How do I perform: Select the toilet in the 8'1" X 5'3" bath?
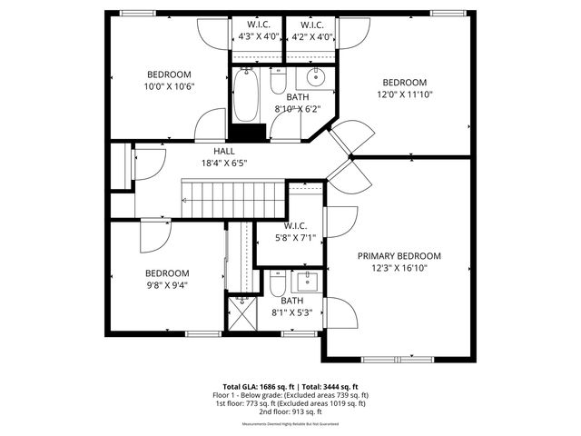pyautogui.click(x=278, y=285)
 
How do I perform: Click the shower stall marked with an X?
pyautogui.click(x=241, y=314)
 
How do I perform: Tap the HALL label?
pyautogui.click(x=224, y=152)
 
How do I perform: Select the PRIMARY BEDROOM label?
pyautogui.click(x=399, y=256)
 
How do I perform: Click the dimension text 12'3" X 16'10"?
pyautogui.click(x=399, y=268)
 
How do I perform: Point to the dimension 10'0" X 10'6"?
pyautogui.click(x=170, y=86)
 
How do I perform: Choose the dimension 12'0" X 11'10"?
pyautogui.click(x=404, y=94)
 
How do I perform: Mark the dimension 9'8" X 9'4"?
pyautogui.click(x=168, y=285)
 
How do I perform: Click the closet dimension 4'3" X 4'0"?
pyautogui.click(x=259, y=37)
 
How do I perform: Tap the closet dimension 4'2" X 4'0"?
pyautogui.click(x=311, y=37)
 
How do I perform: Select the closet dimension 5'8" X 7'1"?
pyautogui.click(x=295, y=238)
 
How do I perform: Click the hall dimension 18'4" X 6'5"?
pyautogui.click(x=224, y=163)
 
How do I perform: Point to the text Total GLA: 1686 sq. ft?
pyautogui.click(x=256, y=386)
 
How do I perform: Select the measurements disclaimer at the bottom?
pyautogui.click(x=290, y=424)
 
